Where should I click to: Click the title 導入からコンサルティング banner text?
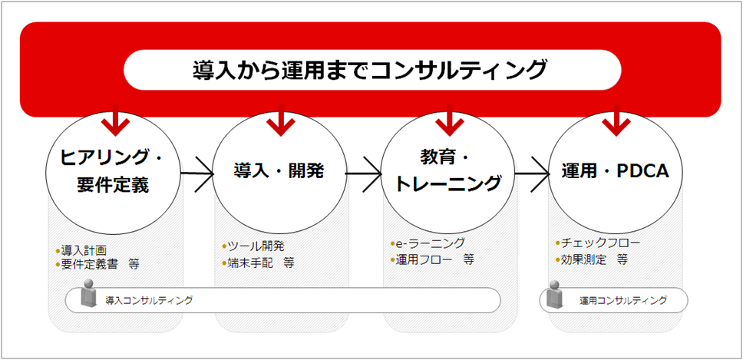[371, 71]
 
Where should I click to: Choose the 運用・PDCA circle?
[614, 170]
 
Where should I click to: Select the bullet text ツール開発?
[256, 246]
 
